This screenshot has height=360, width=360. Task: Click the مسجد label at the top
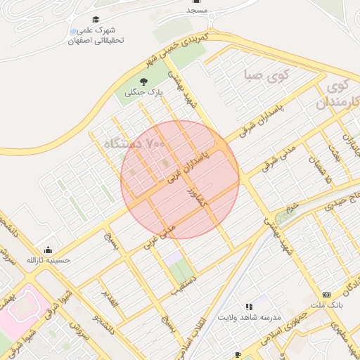(197, 11)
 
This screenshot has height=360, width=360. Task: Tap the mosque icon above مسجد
(198, 2)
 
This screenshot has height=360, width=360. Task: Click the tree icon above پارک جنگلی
(144, 83)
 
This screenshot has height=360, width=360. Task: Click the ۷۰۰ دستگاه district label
(134, 143)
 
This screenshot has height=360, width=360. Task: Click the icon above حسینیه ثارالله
(48, 250)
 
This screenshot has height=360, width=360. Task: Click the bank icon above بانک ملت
(326, 295)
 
